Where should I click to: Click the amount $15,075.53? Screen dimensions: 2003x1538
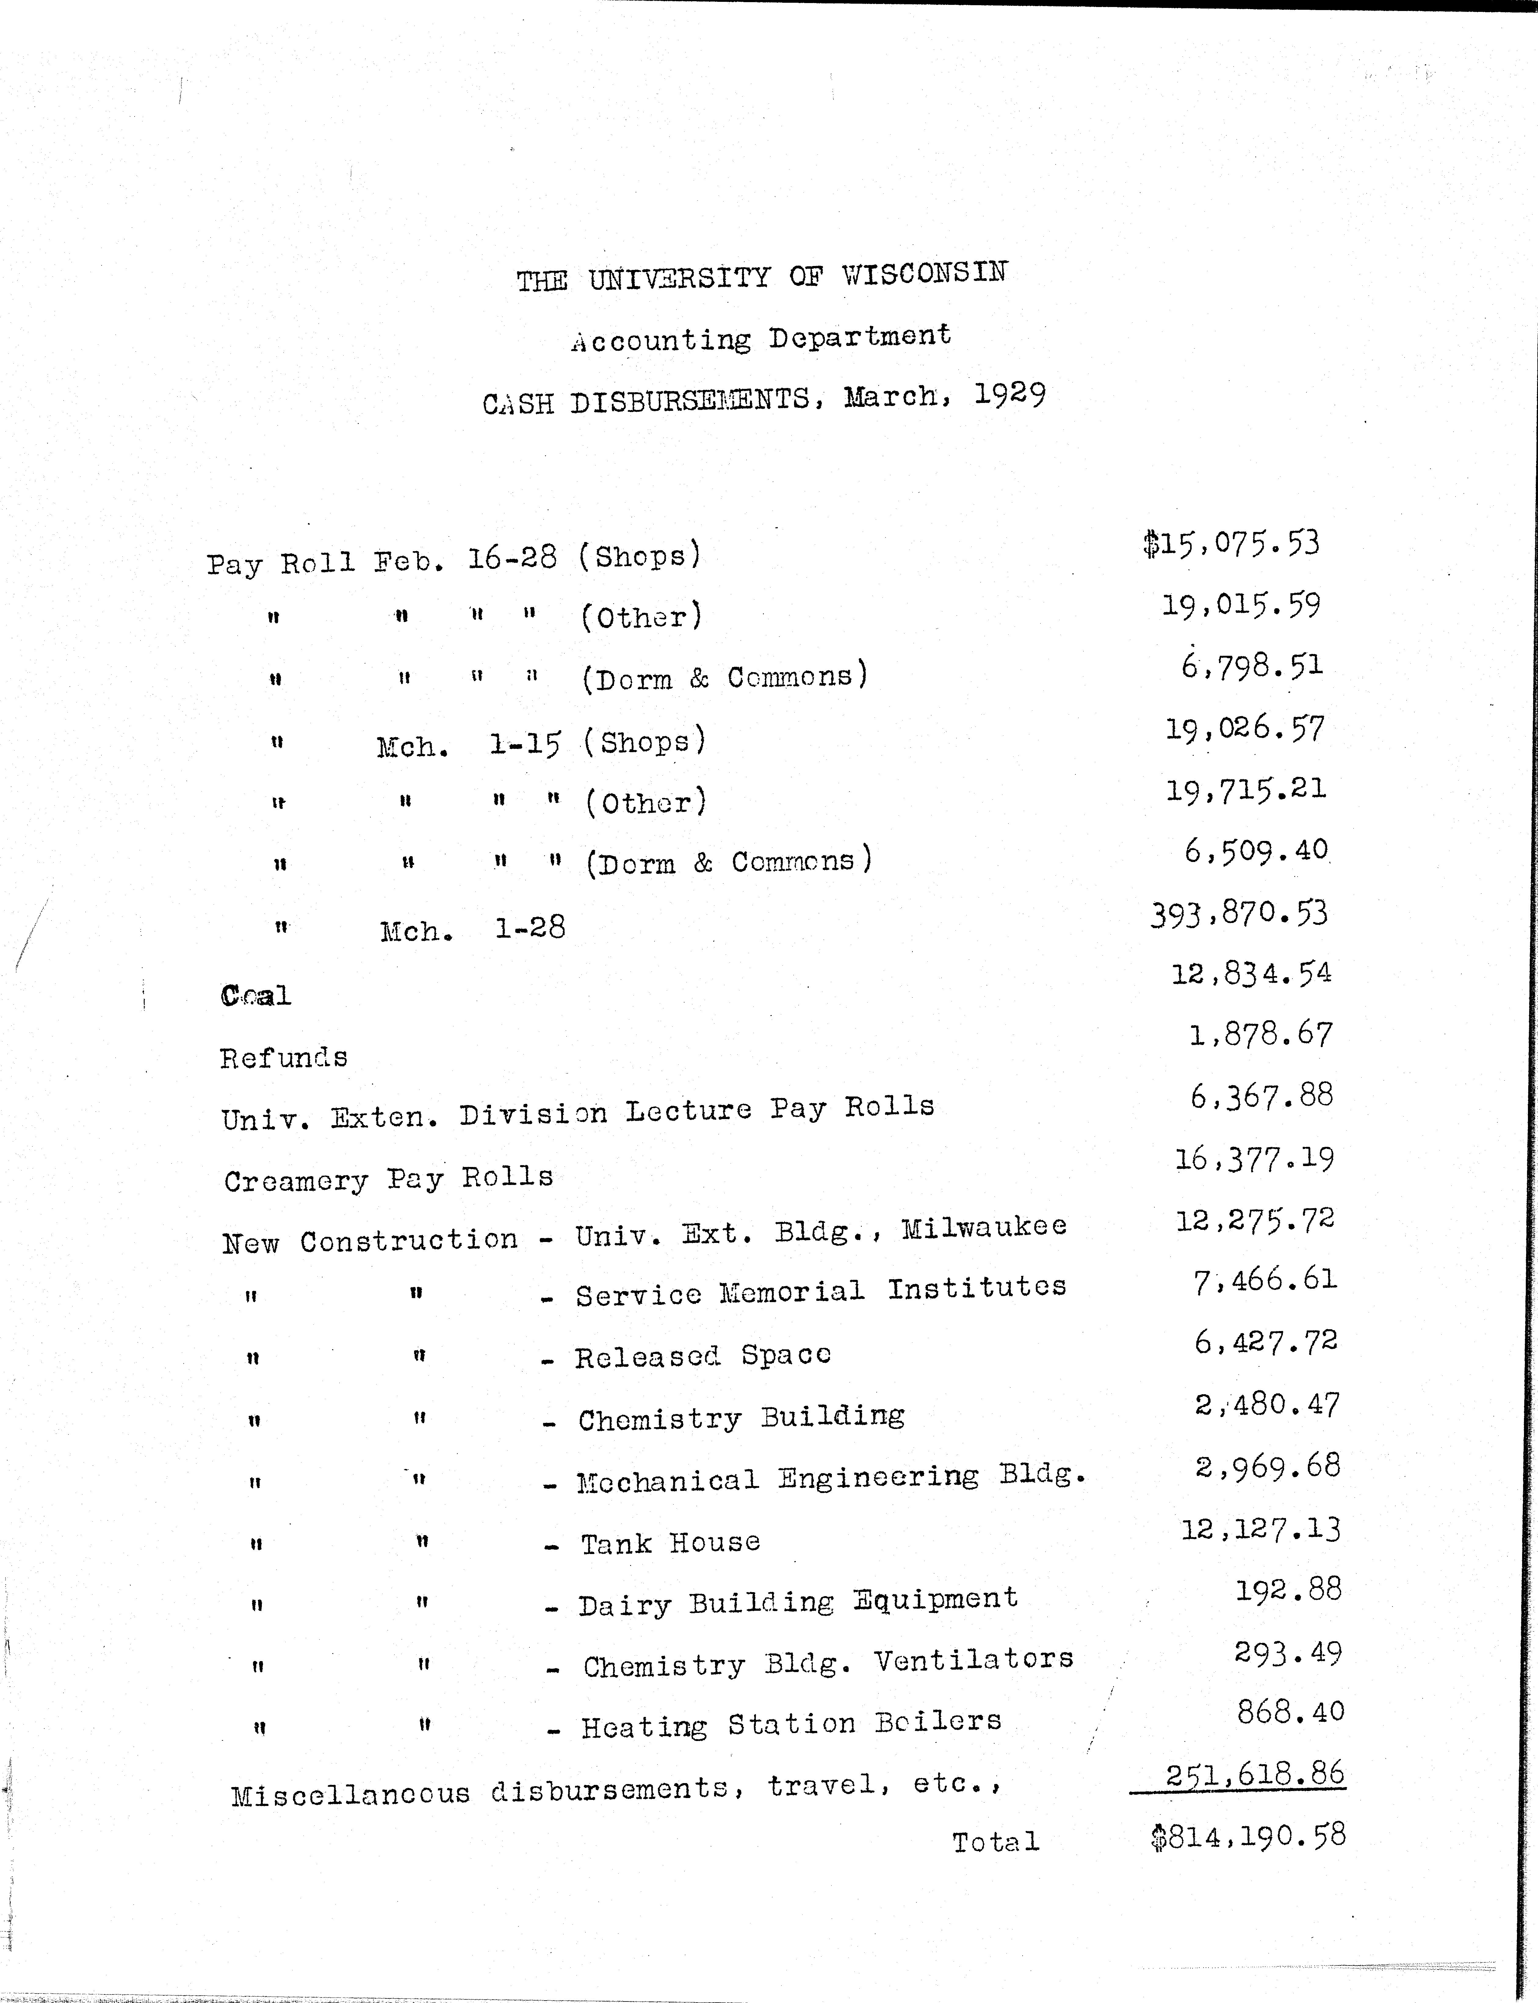click(1231, 544)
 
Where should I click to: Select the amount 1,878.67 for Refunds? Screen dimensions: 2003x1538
click(1261, 1034)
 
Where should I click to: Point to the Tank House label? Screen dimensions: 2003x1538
click(670, 1543)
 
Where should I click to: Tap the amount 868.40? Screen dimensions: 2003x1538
click(1290, 1711)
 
